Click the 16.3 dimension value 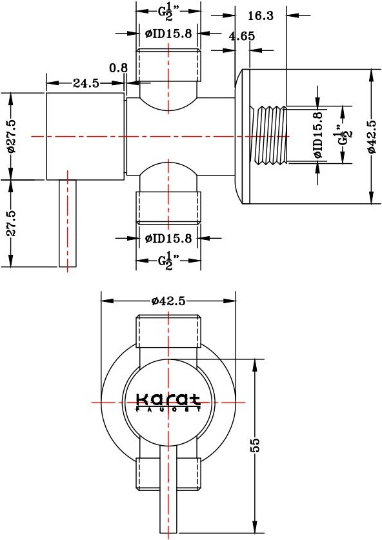click(x=261, y=15)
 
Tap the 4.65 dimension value click(x=242, y=36)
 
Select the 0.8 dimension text click(x=119, y=68)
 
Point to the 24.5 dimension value click(x=86, y=83)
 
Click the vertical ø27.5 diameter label click(x=11, y=136)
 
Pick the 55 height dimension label click(x=256, y=445)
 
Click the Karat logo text click(x=168, y=399)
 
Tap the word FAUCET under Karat click(x=168, y=409)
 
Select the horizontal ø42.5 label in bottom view click(x=168, y=301)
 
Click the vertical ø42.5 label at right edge click(x=372, y=136)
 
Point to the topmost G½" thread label click(x=169, y=12)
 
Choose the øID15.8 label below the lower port click(x=168, y=238)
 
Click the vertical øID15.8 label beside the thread click(x=318, y=135)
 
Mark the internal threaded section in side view click(x=268, y=135)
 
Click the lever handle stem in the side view click(x=68, y=223)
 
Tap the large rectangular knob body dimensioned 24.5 click(x=85, y=136)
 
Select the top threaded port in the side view click(x=169, y=65)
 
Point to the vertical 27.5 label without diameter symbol click(x=12, y=223)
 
